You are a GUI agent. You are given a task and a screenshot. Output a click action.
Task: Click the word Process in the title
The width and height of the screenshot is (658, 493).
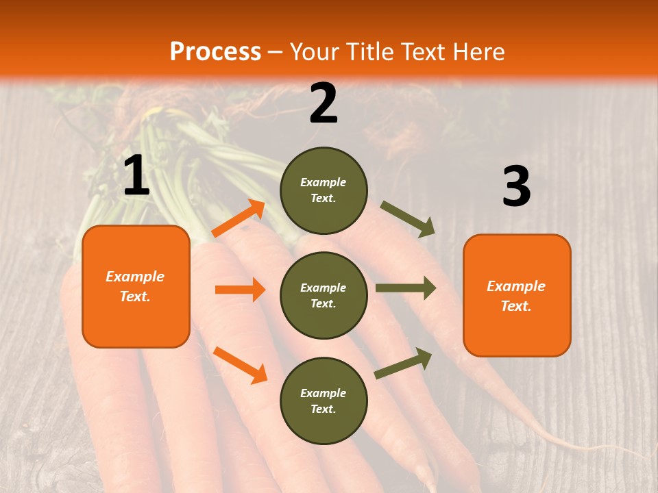(x=215, y=51)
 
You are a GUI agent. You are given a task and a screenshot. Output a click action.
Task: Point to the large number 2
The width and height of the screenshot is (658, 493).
(x=324, y=103)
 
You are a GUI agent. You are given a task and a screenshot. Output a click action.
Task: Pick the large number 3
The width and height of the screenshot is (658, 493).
(x=516, y=186)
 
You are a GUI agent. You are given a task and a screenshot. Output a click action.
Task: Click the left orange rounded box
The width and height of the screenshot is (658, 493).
(x=136, y=286)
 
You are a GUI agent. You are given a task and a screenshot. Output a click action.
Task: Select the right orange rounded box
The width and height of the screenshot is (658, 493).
(x=517, y=295)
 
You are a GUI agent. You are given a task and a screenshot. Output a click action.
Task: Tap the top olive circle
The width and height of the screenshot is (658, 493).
(x=324, y=190)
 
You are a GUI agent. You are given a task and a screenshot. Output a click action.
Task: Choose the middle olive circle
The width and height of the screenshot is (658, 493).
(x=324, y=295)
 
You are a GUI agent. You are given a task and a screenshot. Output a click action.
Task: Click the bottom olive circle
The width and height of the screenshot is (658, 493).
(x=324, y=401)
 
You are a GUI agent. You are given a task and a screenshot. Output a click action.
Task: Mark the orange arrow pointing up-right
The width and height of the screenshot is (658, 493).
(x=239, y=218)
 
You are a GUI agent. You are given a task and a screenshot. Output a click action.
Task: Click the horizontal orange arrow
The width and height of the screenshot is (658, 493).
(x=240, y=290)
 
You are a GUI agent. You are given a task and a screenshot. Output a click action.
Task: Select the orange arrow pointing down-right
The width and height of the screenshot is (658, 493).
(x=240, y=365)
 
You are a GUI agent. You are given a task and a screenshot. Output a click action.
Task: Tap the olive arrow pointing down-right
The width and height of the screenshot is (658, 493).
(x=408, y=218)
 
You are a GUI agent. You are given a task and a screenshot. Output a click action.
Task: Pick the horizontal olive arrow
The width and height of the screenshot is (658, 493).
(x=405, y=288)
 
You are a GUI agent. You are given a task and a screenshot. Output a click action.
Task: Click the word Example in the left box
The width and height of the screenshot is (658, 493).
(x=135, y=277)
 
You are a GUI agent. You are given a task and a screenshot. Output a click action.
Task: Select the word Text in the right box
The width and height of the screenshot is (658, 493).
(x=515, y=306)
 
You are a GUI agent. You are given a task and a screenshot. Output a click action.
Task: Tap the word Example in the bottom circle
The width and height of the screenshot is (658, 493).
(x=324, y=393)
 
